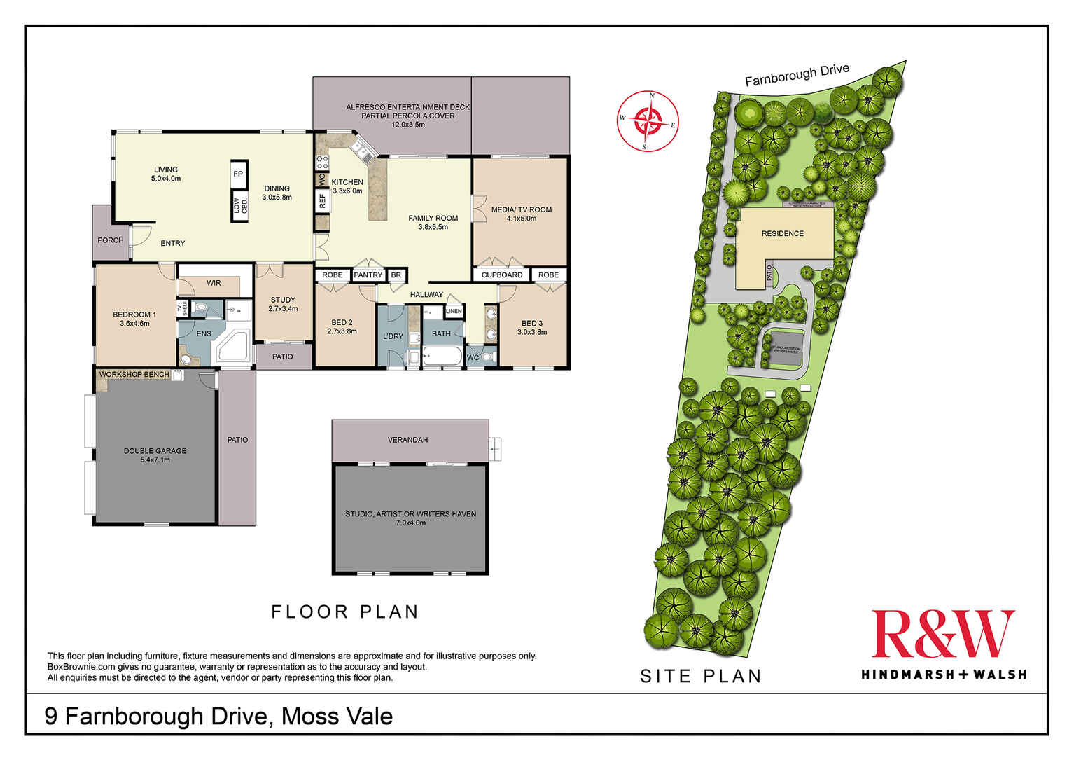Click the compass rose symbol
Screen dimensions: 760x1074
coord(648,120)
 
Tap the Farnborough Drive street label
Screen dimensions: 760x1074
coord(797,75)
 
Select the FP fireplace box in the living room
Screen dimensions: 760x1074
coord(238,174)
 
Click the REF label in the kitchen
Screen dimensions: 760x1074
coord(322,202)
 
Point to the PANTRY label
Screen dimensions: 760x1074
coord(368,275)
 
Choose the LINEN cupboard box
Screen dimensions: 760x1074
coord(454,311)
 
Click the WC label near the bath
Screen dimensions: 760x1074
coord(473,358)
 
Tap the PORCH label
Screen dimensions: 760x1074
coord(111,240)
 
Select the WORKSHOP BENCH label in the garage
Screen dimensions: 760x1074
coord(134,375)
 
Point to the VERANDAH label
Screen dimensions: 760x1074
coord(407,440)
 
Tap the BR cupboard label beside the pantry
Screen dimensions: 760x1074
coord(396,275)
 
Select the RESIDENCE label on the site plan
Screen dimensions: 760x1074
coord(782,234)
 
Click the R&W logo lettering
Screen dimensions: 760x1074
coord(942,634)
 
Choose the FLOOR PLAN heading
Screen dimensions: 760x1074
coord(344,612)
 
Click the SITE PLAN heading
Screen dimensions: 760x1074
coord(701,676)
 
